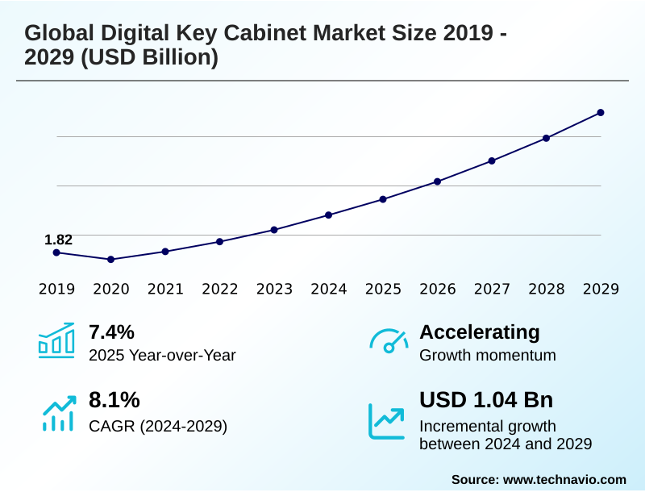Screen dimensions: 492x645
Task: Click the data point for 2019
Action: click(x=56, y=252)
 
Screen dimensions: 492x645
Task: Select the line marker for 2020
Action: click(x=111, y=260)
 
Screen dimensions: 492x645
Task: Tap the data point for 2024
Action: click(x=329, y=215)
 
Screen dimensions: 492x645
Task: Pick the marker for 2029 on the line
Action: click(x=601, y=113)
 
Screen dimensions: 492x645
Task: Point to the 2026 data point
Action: click(x=438, y=181)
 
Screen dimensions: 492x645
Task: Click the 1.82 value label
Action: click(x=58, y=240)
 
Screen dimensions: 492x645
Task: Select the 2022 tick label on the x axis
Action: click(x=219, y=290)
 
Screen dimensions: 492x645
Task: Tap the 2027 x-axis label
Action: click(x=492, y=290)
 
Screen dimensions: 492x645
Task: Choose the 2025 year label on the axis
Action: click(x=383, y=290)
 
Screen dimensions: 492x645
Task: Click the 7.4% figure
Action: click(x=111, y=332)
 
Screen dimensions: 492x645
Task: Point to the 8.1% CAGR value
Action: click(x=114, y=400)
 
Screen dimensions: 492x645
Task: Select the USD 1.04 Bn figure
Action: click(x=486, y=400)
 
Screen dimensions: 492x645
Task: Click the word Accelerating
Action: click(x=480, y=332)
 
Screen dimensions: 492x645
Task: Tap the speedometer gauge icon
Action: click(x=389, y=340)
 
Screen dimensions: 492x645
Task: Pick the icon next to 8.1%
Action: click(x=56, y=413)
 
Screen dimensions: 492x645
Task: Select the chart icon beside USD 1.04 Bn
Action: click(x=387, y=420)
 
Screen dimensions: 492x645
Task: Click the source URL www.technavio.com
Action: click(x=564, y=479)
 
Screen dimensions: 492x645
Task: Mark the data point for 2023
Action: click(x=274, y=230)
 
